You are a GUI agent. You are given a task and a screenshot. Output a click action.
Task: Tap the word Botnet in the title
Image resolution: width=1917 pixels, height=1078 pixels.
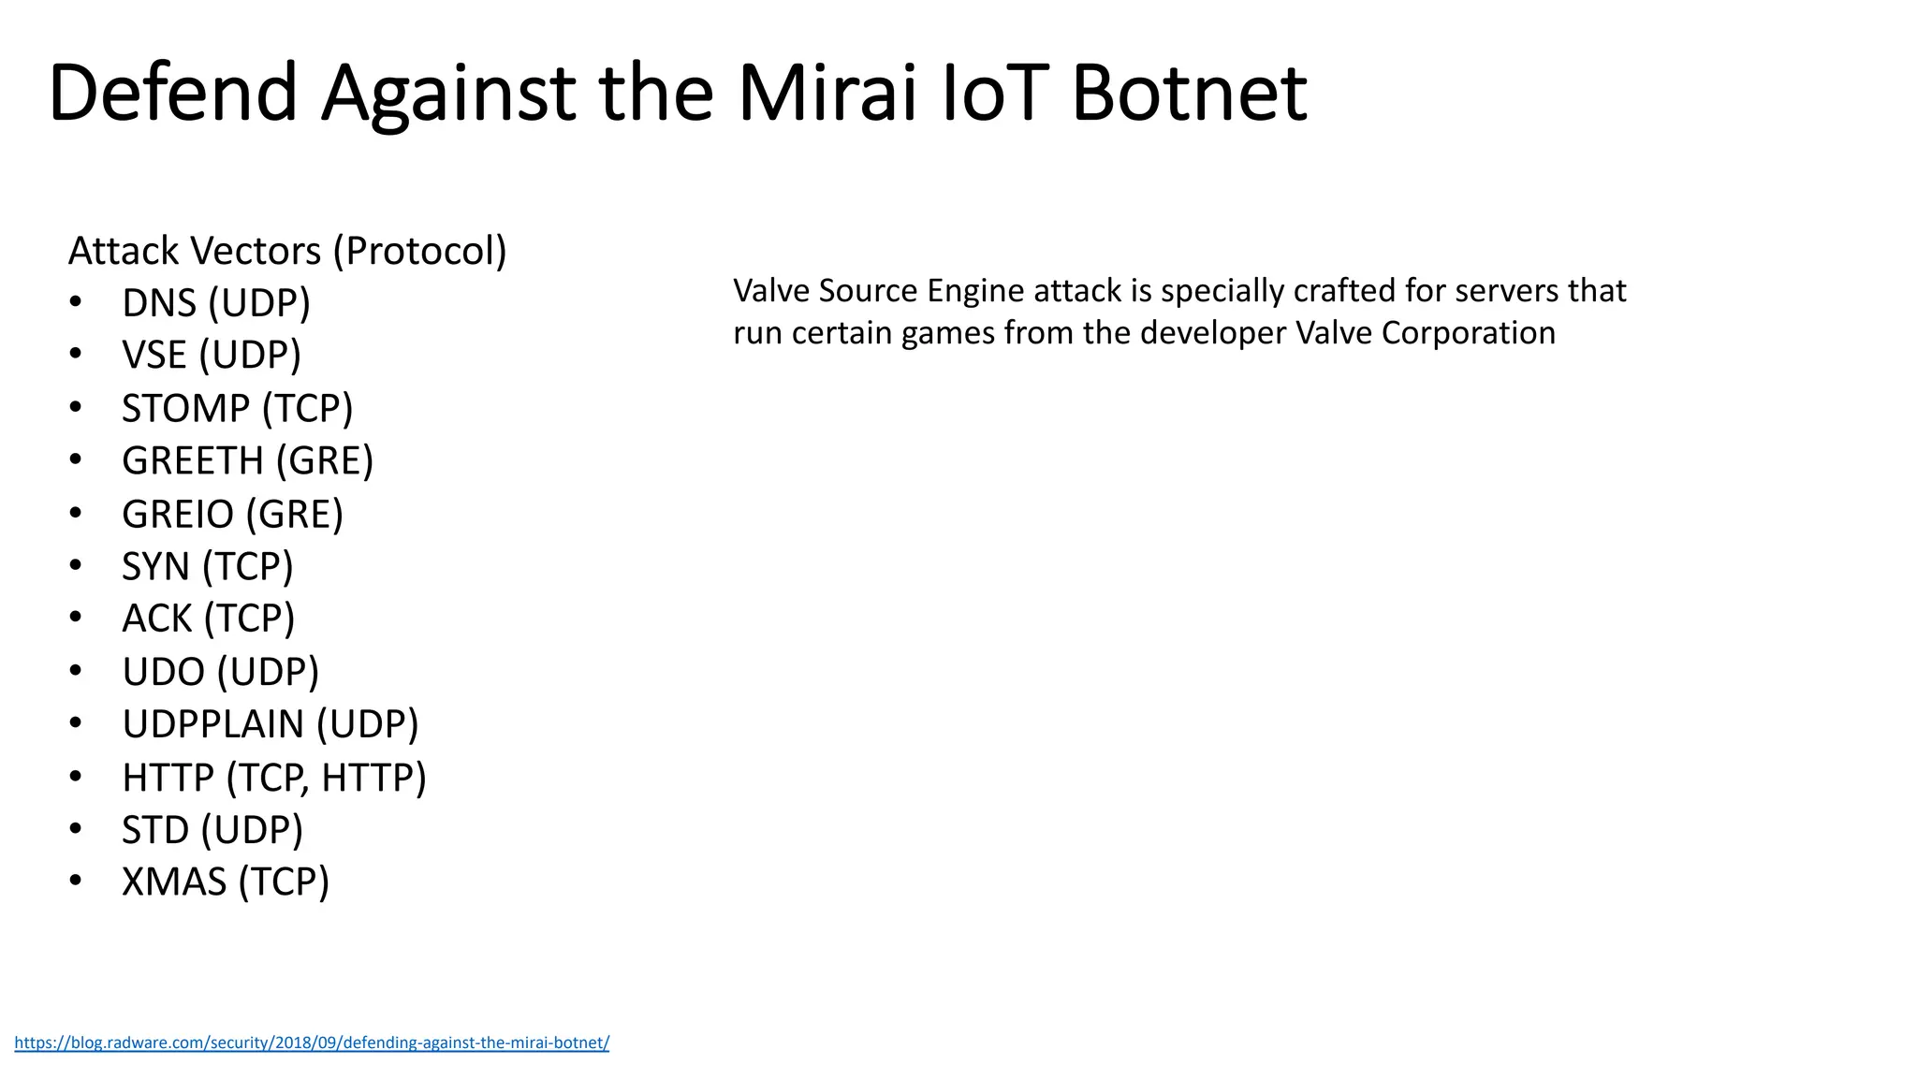1189,94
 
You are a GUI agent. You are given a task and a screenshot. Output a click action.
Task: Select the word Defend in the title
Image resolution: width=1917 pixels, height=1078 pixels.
173,94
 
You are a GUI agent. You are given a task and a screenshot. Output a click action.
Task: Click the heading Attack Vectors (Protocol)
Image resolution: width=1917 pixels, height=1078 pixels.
287,251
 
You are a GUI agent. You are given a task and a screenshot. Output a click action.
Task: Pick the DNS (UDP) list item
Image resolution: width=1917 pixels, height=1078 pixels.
215,303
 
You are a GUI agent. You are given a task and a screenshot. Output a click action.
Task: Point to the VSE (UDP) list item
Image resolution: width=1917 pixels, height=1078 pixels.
212,356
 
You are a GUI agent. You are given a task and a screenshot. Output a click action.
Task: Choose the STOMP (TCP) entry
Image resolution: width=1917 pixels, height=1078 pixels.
238,408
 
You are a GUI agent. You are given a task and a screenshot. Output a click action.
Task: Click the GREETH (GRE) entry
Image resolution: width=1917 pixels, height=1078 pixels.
247,460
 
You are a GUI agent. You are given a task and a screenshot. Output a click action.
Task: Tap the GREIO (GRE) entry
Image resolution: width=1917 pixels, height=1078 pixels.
232,514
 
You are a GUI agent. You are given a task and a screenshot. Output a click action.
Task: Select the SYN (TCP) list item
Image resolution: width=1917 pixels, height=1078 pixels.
208,566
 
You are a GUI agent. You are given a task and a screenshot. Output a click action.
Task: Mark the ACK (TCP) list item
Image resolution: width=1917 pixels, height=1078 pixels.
208,619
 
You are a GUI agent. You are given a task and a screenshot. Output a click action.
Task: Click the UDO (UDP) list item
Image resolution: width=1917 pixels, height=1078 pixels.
220,672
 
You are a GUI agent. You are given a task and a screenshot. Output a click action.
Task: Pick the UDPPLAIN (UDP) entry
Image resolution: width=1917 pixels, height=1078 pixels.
270,724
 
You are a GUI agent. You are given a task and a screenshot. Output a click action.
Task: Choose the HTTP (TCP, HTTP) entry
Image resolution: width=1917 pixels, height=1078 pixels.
273,778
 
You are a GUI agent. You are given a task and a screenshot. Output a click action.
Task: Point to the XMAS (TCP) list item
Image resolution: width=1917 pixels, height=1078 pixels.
226,882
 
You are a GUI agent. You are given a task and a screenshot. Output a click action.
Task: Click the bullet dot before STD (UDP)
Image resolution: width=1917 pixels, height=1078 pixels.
76,829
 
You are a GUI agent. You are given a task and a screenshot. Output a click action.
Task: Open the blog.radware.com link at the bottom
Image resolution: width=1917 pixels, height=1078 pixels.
312,1042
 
